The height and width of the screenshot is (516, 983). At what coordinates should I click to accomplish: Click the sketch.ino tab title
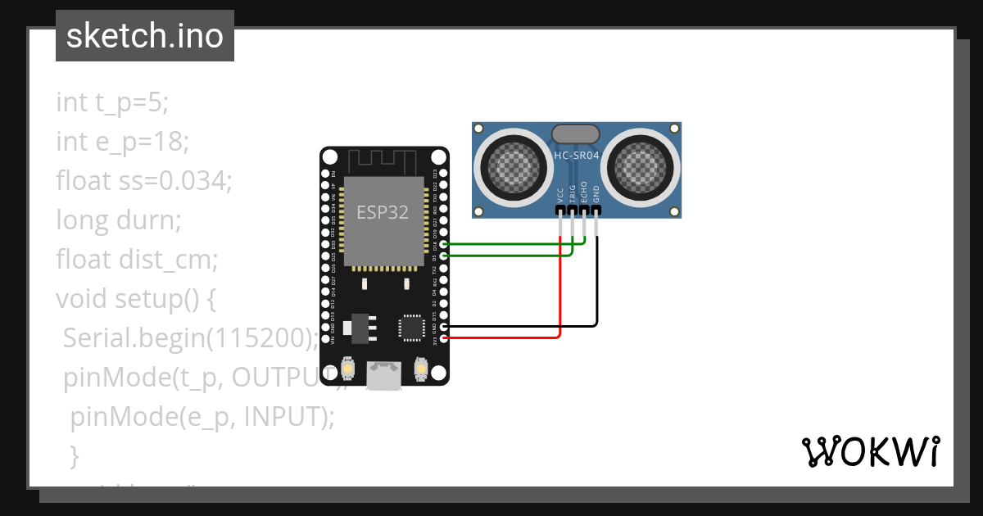click(x=144, y=36)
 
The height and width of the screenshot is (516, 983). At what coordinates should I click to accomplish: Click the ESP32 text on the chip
click(x=382, y=212)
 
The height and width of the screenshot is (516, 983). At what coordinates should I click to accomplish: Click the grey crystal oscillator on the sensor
click(x=577, y=134)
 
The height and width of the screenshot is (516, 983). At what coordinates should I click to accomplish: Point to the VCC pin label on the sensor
click(x=560, y=194)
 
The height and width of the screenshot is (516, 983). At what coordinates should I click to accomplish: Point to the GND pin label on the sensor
click(x=596, y=194)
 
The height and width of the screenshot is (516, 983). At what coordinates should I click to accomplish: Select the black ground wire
click(x=597, y=287)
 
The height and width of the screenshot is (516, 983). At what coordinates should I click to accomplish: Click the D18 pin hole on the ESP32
click(x=443, y=244)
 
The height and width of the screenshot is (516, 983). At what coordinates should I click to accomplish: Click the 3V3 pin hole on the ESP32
click(x=443, y=337)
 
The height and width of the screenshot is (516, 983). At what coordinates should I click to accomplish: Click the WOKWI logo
click(x=870, y=451)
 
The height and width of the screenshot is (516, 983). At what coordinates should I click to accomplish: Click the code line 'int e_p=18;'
click(x=123, y=142)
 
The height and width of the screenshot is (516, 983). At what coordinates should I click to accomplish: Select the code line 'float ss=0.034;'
click(x=144, y=181)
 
